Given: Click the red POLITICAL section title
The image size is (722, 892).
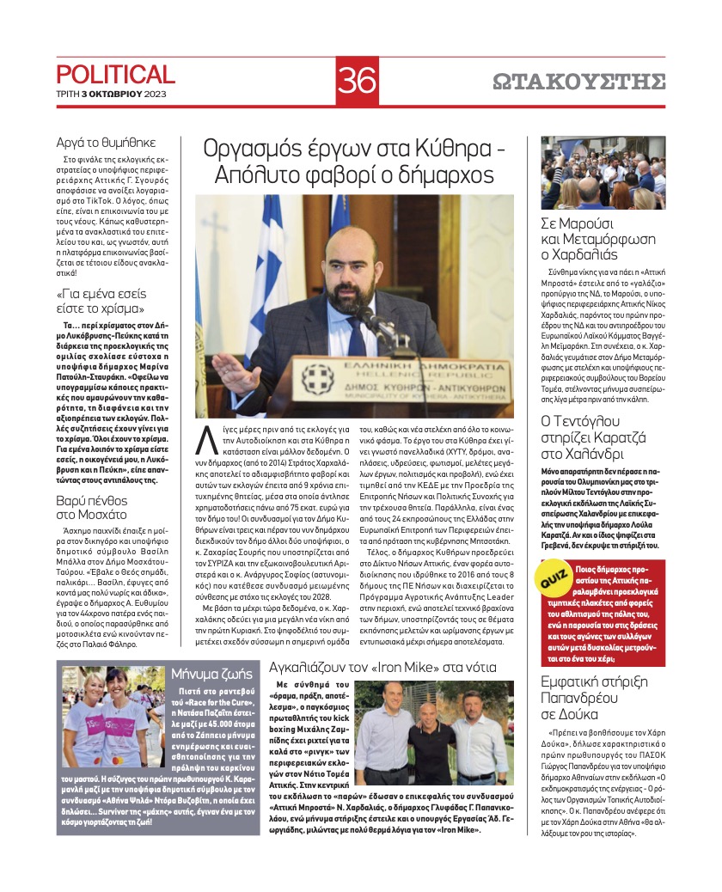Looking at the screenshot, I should click(115, 75).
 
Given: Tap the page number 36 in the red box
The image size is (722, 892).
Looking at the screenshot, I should click(357, 81).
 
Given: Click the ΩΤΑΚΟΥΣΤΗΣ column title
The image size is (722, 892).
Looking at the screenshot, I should click(579, 82).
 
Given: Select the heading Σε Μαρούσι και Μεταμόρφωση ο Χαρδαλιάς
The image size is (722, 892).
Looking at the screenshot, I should click(598, 237).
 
